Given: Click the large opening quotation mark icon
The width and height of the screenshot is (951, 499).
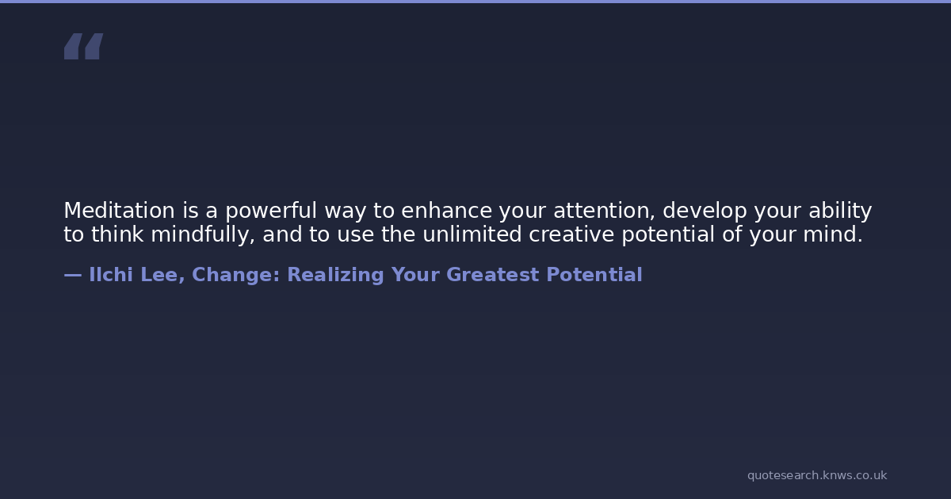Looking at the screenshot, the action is [84, 46].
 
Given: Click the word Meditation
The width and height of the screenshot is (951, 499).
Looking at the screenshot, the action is [120, 211].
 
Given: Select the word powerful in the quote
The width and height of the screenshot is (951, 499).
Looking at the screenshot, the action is [271, 211].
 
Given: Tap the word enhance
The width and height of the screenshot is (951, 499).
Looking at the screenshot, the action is [447, 211].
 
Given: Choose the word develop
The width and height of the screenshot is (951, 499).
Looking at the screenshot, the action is [705, 211].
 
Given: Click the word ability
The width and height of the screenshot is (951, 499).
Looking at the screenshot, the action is [840, 211].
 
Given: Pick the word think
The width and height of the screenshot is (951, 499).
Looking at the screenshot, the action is [117, 234].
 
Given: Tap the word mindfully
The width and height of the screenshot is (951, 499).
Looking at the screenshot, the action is [203, 235].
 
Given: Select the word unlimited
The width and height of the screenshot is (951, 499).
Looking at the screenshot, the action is [472, 234].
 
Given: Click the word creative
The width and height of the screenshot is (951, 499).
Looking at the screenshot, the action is [571, 234].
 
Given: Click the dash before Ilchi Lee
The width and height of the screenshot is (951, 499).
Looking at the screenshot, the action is [73, 275].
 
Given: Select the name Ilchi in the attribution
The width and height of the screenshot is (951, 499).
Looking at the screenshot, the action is [111, 275].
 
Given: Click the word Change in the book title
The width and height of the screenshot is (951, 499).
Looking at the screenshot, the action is [235, 275].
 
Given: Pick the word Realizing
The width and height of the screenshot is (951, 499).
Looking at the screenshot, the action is [335, 275].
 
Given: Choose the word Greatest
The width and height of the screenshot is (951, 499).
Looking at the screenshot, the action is [492, 275].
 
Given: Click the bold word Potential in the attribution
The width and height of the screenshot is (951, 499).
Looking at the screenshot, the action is [594, 275].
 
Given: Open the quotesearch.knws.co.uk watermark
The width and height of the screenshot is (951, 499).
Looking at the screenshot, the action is [817, 475].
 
